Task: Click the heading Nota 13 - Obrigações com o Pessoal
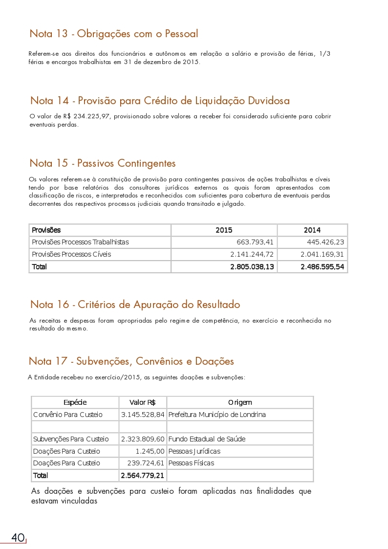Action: tap(113, 34)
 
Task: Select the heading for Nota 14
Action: tap(160, 101)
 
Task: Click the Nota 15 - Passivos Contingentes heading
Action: tap(103, 163)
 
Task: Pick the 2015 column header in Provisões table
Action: tap(224, 230)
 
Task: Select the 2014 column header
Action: tap(312, 230)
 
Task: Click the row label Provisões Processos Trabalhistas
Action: tap(80, 242)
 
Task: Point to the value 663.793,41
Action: tap(255, 242)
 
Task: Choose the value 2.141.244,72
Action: tap(252, 254)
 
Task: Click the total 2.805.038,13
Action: tap(252, 267)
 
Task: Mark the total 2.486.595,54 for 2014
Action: tap(322, 267)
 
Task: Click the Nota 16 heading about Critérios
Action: tap(135, 305)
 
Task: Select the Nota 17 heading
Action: tap(131, 361)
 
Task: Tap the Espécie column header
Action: tap(75, 402)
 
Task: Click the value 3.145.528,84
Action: tap(143, 415)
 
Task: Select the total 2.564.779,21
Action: tap(142, 475)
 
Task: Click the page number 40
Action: tap(18, 538)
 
